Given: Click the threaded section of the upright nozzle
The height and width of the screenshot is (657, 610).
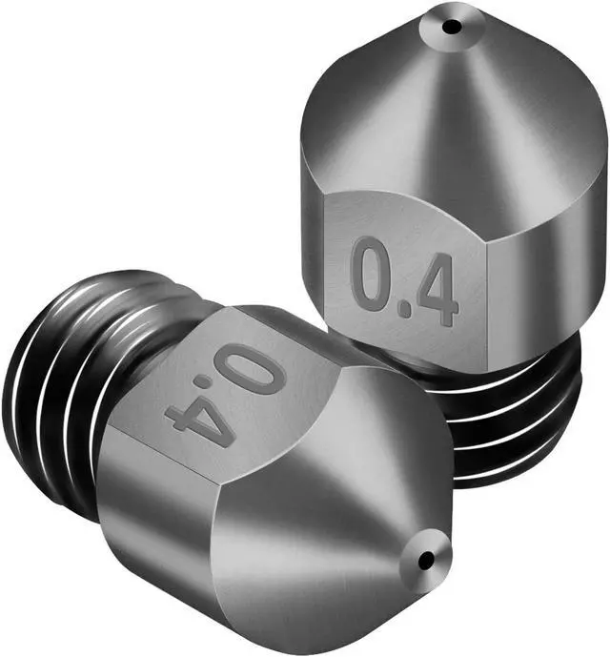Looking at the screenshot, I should click(515, 420).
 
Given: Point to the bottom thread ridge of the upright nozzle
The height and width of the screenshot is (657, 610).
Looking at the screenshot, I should click(515, 472).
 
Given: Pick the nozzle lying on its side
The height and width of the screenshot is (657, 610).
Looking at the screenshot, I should click(238, 458).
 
